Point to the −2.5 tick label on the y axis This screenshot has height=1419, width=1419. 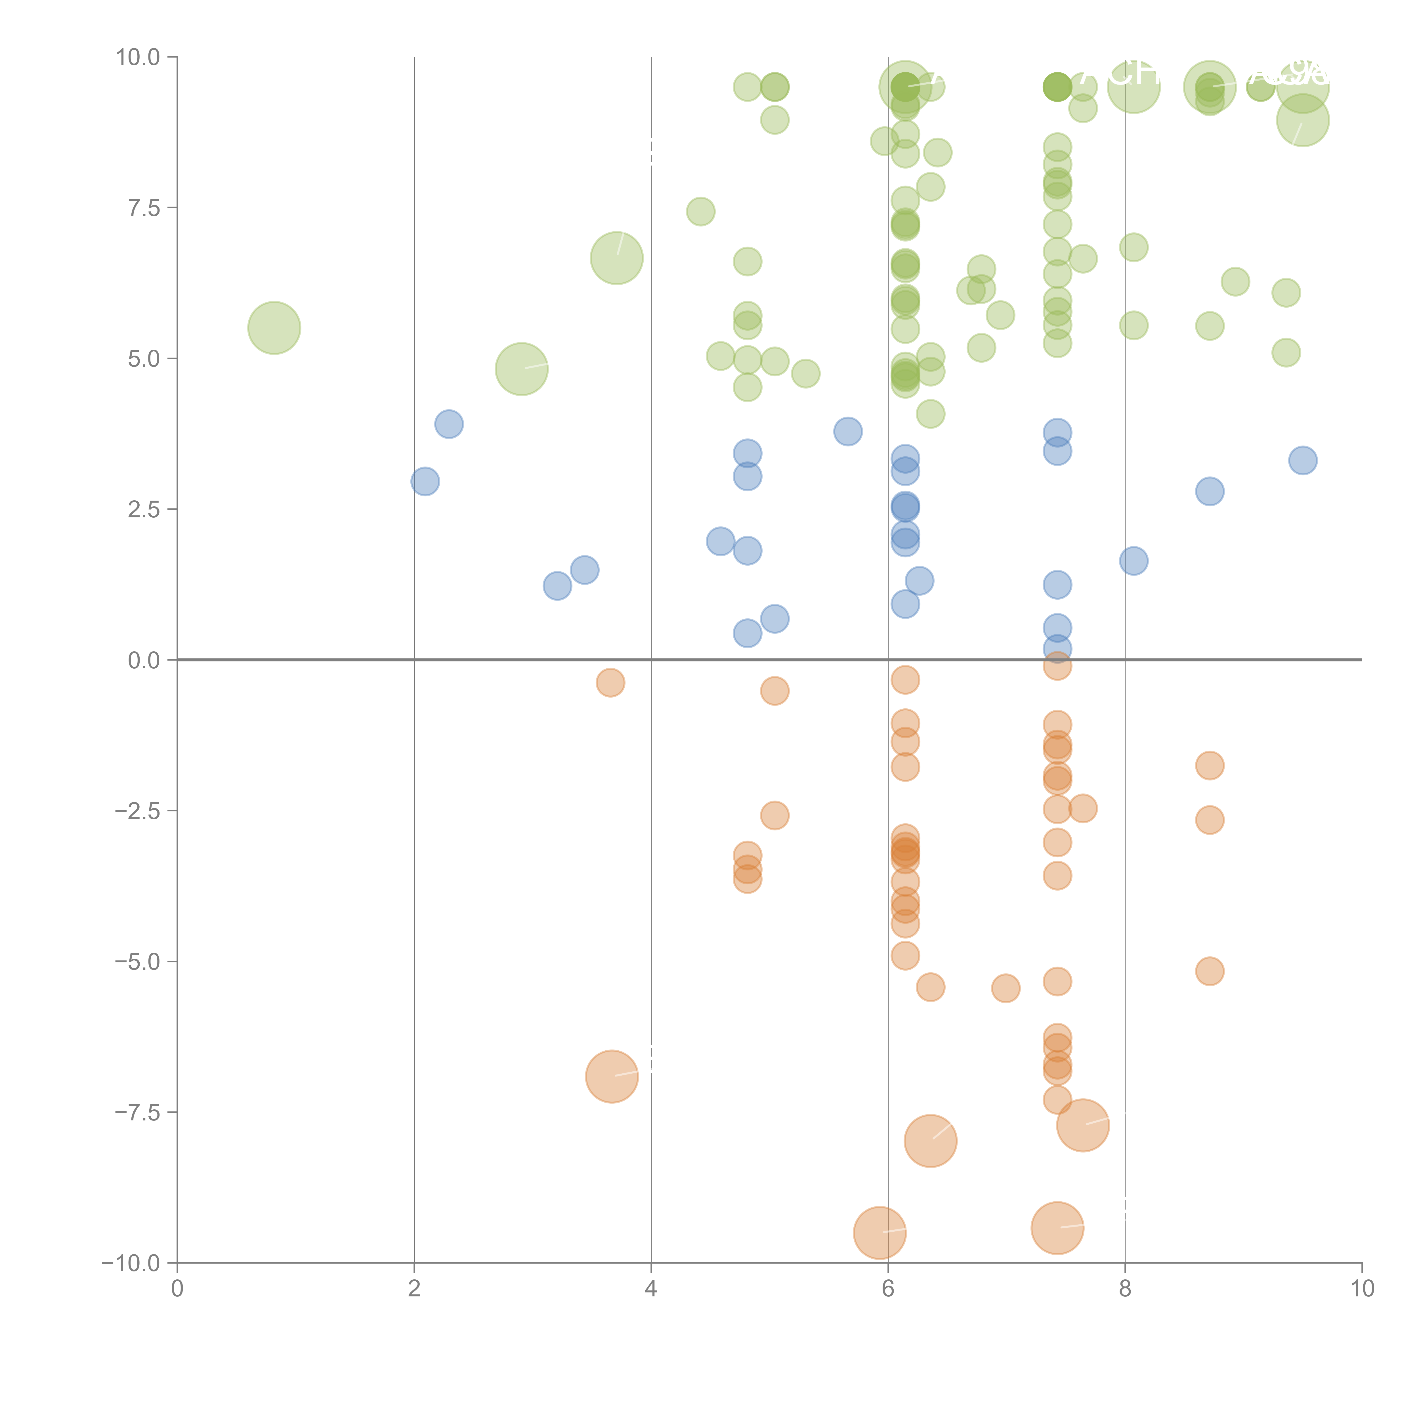click(137, 811)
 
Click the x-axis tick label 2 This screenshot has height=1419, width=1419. click(414, 1289)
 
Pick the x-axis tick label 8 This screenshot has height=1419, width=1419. click(1125, 1289)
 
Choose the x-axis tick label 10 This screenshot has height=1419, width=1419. click(1362, 1289)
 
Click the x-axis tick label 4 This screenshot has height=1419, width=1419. click(651, 1289)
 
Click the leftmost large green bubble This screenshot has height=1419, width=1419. click(274, 328)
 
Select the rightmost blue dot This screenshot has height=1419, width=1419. click(1302, 461)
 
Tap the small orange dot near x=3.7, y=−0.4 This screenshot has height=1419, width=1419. click(610, 683)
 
